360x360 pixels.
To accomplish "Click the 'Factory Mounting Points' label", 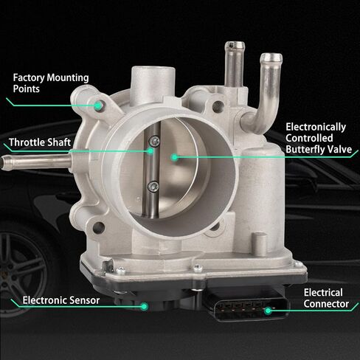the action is (x=51, y=83).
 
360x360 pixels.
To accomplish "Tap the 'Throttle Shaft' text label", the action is (x=40, y=142).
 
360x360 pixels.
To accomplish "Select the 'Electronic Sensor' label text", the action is (x=61, y=300).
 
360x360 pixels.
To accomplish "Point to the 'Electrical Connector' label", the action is (x=326, y=298).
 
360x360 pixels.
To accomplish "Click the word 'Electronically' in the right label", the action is (x=316, y=127).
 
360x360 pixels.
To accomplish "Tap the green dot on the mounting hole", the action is (x=98, y=106).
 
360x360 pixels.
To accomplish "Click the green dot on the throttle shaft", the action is (x=150, y=150).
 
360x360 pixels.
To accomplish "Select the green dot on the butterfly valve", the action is (x=174, y=157).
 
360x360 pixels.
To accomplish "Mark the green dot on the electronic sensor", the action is (x=144, y=306).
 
